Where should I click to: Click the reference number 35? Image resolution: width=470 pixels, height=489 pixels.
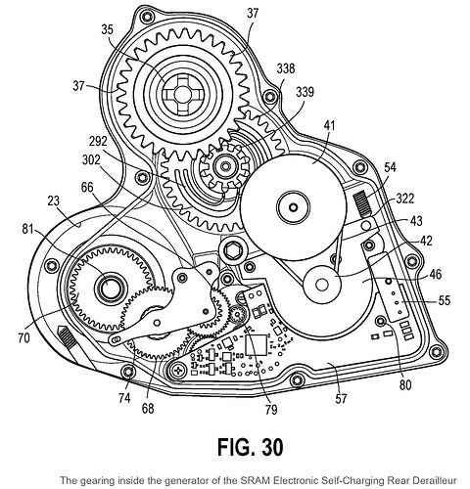[107, 29]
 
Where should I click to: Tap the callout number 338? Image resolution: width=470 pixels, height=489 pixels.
[286, 68]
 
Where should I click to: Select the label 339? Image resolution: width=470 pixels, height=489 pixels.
[305, 92]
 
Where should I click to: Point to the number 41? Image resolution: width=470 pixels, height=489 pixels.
[329, 125]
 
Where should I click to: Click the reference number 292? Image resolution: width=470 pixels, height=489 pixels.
[98, 141]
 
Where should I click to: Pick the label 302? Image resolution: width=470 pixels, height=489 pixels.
[91, 160]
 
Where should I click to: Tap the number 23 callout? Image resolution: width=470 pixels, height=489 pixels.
[54, 201]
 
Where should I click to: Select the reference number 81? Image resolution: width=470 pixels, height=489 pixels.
[27, 229]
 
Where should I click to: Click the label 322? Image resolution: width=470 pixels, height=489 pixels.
[404, 199]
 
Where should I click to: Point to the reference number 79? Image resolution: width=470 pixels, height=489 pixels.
[271, 410]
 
